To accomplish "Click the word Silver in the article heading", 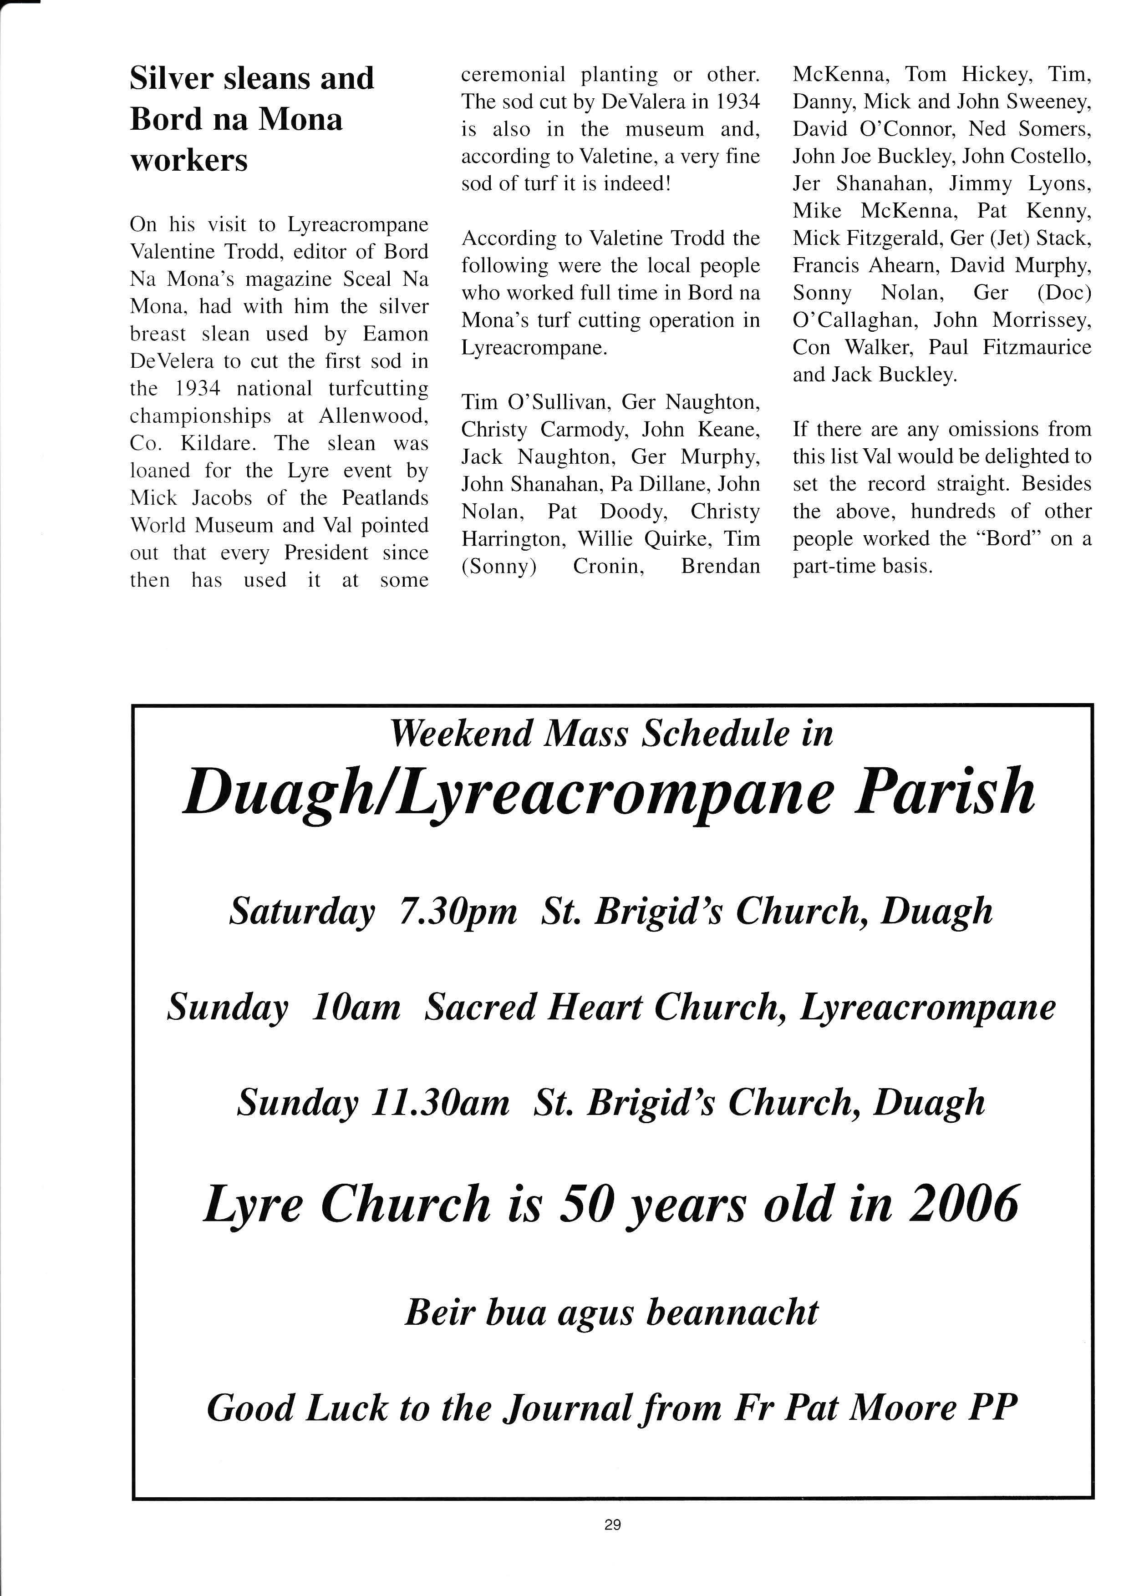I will (x=172, y=79).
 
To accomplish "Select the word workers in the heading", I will (x=188, y=161).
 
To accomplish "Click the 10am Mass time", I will (x=356, y=1007).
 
